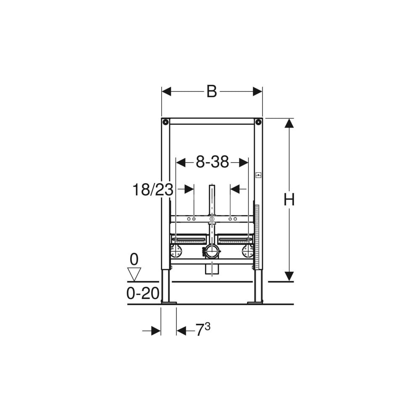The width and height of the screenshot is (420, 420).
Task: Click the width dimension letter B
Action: click(x=212, y=92)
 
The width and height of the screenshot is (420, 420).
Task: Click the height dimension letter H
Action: click(x=289, y=199)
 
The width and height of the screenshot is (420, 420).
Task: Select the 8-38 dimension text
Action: click(x=213, y=162)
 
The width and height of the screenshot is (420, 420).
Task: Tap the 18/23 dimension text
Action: click(x=153, y=190)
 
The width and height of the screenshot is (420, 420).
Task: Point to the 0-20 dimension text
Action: click(x=143, y=293)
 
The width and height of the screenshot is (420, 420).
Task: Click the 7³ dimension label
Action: click(x=203, y=329)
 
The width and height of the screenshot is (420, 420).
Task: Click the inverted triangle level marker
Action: click(x=134, y=274)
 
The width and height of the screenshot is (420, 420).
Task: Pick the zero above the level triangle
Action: click(x=134, y=259)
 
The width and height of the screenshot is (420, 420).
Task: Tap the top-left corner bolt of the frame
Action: click(x=165, y=122)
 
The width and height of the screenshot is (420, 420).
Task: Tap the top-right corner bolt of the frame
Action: click(x=258, y=122)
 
